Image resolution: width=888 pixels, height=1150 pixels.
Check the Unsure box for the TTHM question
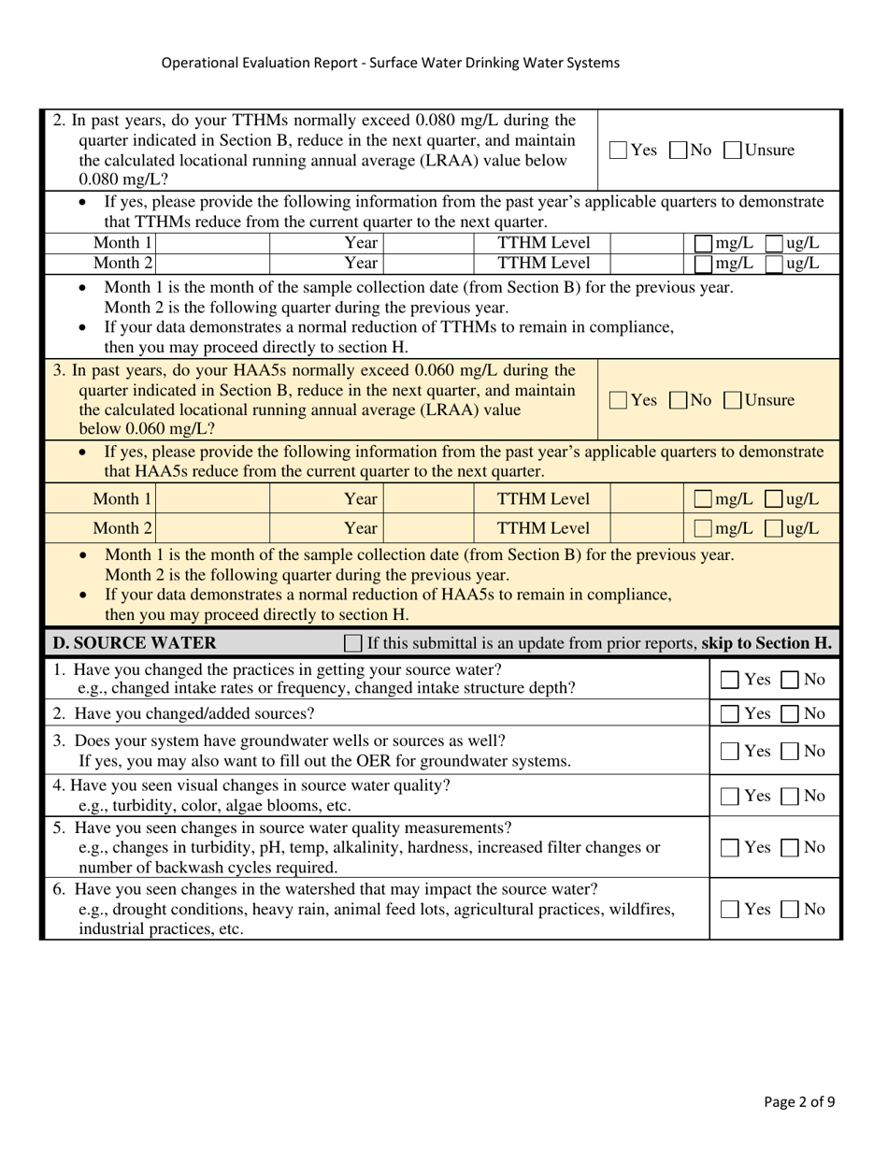(x=734, y=150)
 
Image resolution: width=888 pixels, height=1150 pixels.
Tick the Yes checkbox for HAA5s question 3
(x=619, y=400)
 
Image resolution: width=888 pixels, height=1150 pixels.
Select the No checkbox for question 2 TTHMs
(x=679, y=150)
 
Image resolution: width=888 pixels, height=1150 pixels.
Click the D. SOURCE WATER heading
(x=135, y=643)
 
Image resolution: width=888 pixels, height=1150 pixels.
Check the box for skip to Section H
(x=353, y=643)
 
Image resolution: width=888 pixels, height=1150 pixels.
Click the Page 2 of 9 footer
(x=799, y=1101)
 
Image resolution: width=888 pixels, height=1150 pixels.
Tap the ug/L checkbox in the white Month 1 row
(x=775, y=244)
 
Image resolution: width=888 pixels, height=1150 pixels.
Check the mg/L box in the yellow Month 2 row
(x=704, y=529)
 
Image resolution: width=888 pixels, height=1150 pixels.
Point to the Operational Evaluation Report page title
(x=390, y=63)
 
